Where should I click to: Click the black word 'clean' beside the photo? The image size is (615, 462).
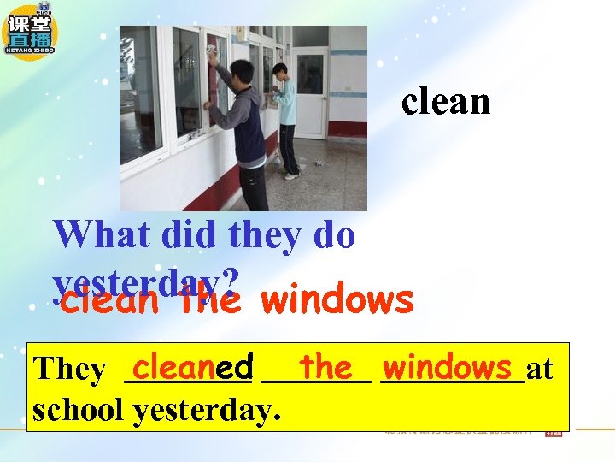(x=446, y=102)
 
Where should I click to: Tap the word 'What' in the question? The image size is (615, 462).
(x=94, y=234)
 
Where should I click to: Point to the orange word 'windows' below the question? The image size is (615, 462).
(x=338, y=300)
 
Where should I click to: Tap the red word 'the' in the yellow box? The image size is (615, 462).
(x=326, y=367)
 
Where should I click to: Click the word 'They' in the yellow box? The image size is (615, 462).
(x=68, y=370)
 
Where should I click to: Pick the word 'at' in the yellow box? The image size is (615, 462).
(x=540, y=369)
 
